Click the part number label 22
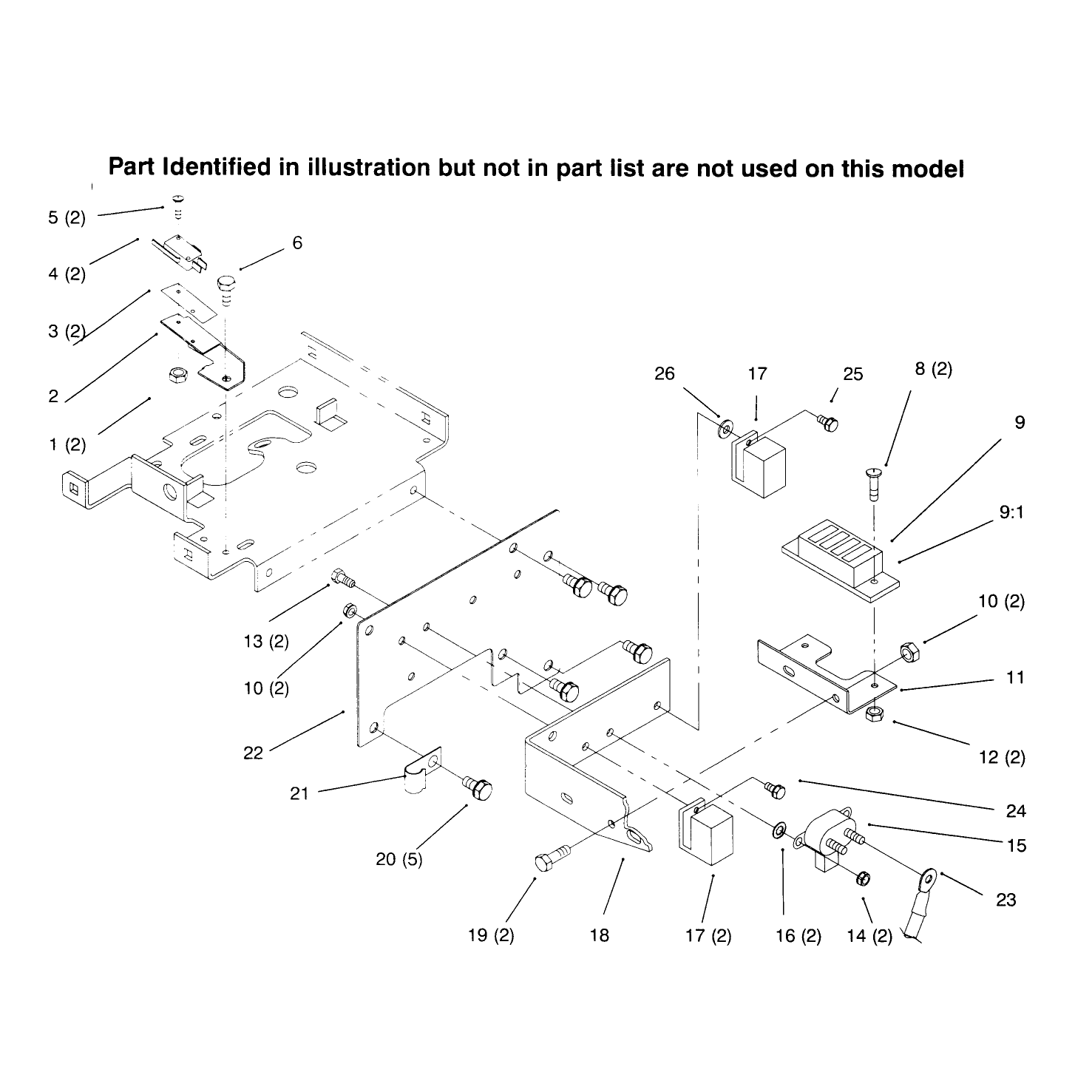[x=253, y=753]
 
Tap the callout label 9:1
[x=1011, y=512]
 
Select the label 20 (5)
[x=399, y=859]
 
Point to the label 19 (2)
[x=491, y=935]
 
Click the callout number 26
[x=665, y=373]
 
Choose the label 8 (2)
[x=933, y=369]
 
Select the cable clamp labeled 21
[x=421, y=772]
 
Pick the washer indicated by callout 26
[x=725, y=427]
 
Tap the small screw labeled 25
[x=828, y=422]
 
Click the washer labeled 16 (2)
[x=779, y=832]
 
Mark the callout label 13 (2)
[x=265, y=641]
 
